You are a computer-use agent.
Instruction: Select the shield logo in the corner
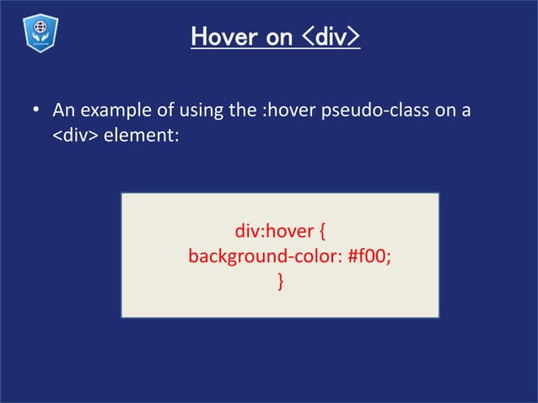click(37, 35)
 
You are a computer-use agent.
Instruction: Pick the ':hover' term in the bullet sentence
click(288, 111)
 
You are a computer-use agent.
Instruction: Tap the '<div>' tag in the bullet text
click(75, 135)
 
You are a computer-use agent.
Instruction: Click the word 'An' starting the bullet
click(63, 111)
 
